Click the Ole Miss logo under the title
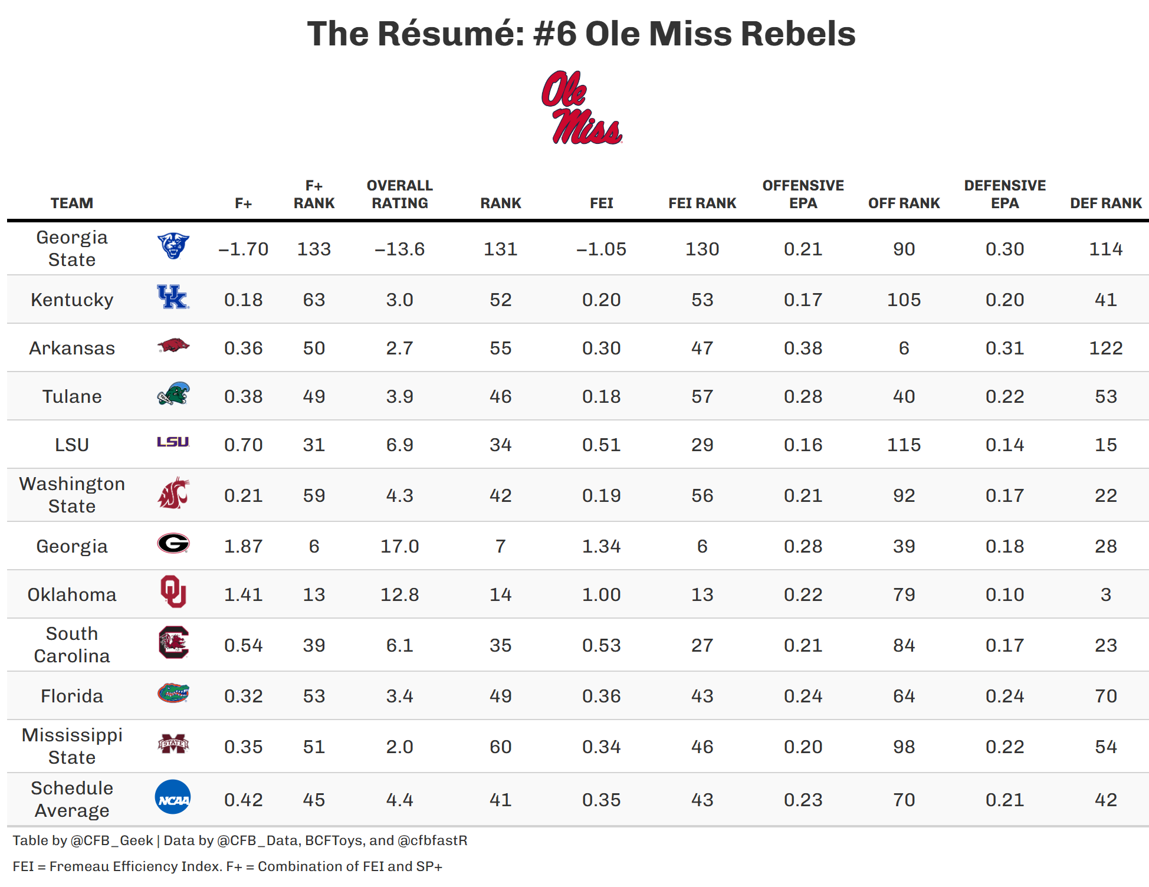coord(582,108)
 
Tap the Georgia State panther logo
coord(173,246)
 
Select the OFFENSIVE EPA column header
coord(803,195)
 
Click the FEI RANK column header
coord(702,203)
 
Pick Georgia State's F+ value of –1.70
coord(243,249)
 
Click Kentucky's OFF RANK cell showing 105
coord(904,300)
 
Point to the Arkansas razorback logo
coord(173,346)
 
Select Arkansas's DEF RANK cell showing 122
coord(1105,349)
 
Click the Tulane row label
coord(72,397)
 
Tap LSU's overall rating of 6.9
coord(399,445)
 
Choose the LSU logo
coord(173,442)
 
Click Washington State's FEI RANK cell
coord(702,496)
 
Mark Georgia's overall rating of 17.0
coord(399,547)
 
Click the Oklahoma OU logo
coord(173,592)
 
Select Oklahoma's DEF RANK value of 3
coord(1105,595)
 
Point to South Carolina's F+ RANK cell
coord(314,646)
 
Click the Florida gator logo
coord(173,693)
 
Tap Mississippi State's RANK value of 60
coord(500,747)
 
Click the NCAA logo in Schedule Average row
coord(173,797)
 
